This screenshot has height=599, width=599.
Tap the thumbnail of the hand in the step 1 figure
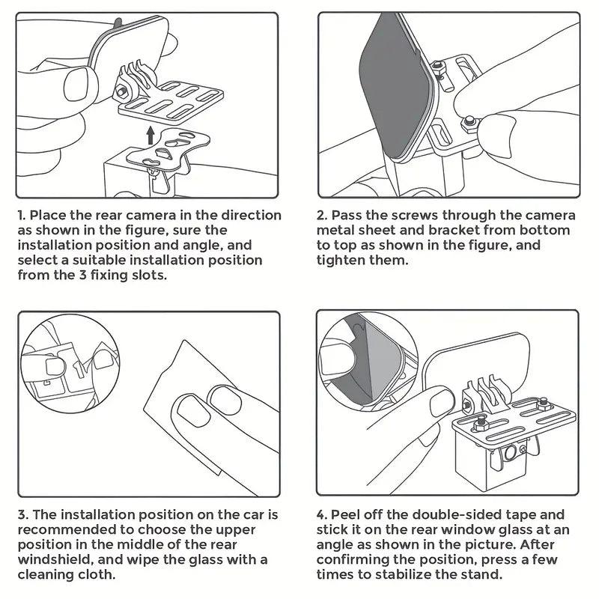pyautogui.click(x=78, y=82)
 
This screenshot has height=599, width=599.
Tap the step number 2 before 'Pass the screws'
pyautogui.click(x=322, y=215)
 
